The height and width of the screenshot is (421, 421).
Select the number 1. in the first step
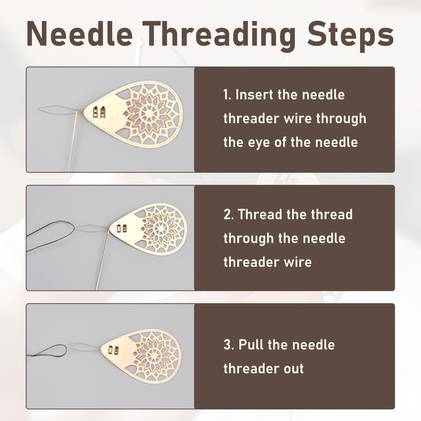point(227,95)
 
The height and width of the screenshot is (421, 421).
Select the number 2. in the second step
point(229,215)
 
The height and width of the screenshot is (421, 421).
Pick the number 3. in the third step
point(229,345)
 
